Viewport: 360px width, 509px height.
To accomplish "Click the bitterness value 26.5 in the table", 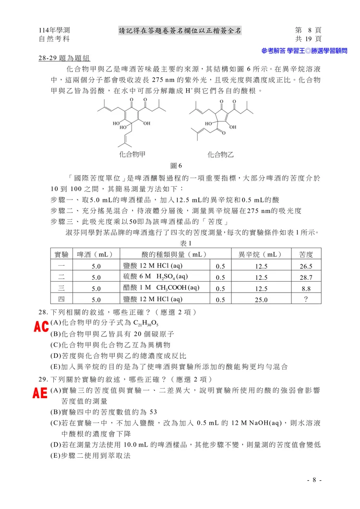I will click(x=306, y=266).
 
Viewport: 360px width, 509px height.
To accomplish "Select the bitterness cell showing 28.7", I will click(x=306, y=277).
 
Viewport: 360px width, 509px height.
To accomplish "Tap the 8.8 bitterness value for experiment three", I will click(x=306, y=288).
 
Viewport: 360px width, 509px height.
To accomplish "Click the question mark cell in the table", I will click(x=306, y=299).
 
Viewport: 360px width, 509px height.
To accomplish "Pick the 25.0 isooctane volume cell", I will click(x=262, y=299).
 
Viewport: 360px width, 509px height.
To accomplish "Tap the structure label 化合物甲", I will click(x=133, y=154).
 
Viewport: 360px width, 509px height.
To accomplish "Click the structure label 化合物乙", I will click(x=221, y=154).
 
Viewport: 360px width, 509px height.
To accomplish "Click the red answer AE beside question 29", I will click(x=40, y=394).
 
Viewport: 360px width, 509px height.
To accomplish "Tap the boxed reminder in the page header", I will click(x=180, y=31).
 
